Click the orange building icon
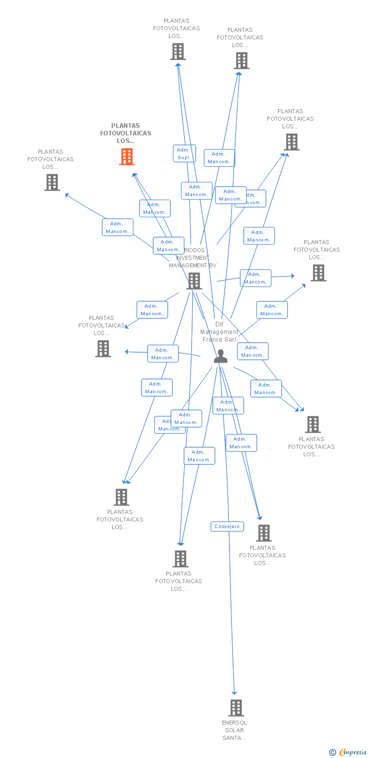126,157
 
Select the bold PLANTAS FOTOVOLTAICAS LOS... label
126,133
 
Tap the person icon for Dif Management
220,356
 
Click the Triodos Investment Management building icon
195,281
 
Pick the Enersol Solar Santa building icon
236,707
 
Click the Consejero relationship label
227,527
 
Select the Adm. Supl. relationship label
184,154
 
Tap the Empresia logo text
353,752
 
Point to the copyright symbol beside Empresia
333,752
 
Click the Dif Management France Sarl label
219,332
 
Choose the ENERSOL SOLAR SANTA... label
235,730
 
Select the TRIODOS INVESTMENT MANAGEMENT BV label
193,258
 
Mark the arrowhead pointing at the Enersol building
234,693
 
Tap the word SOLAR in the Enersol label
235,730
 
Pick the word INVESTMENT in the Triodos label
193,258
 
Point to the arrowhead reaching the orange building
134,175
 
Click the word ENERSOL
235,723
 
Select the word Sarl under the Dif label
230,340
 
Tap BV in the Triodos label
212,265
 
